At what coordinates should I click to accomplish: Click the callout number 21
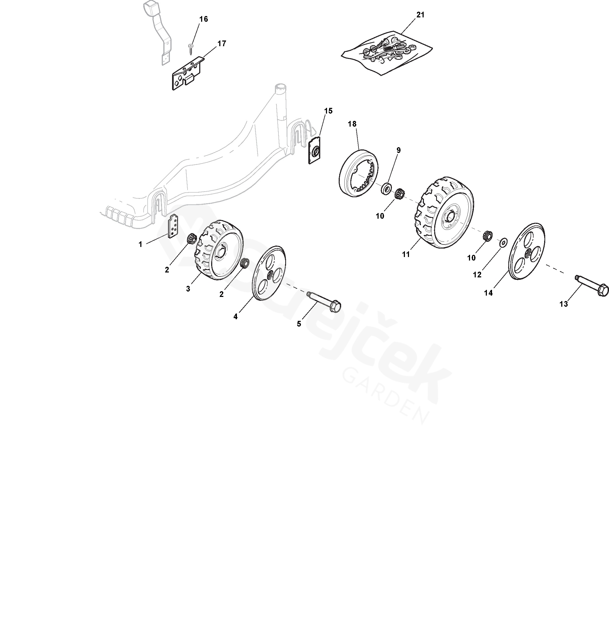tap(420, 15)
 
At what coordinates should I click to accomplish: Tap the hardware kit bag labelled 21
tap(387, 52)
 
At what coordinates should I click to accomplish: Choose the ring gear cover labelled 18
tap(359, 173)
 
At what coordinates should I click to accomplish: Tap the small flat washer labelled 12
tap(503, 242)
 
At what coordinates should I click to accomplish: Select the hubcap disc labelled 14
tap(527, 251)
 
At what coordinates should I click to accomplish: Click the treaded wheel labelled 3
tap(218, 250)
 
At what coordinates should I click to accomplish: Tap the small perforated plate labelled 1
tap(173, 226)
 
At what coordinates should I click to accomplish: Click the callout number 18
tap(352, 124)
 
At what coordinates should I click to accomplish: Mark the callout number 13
tap(563, 304)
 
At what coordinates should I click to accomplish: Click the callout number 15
tap(328, 111)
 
